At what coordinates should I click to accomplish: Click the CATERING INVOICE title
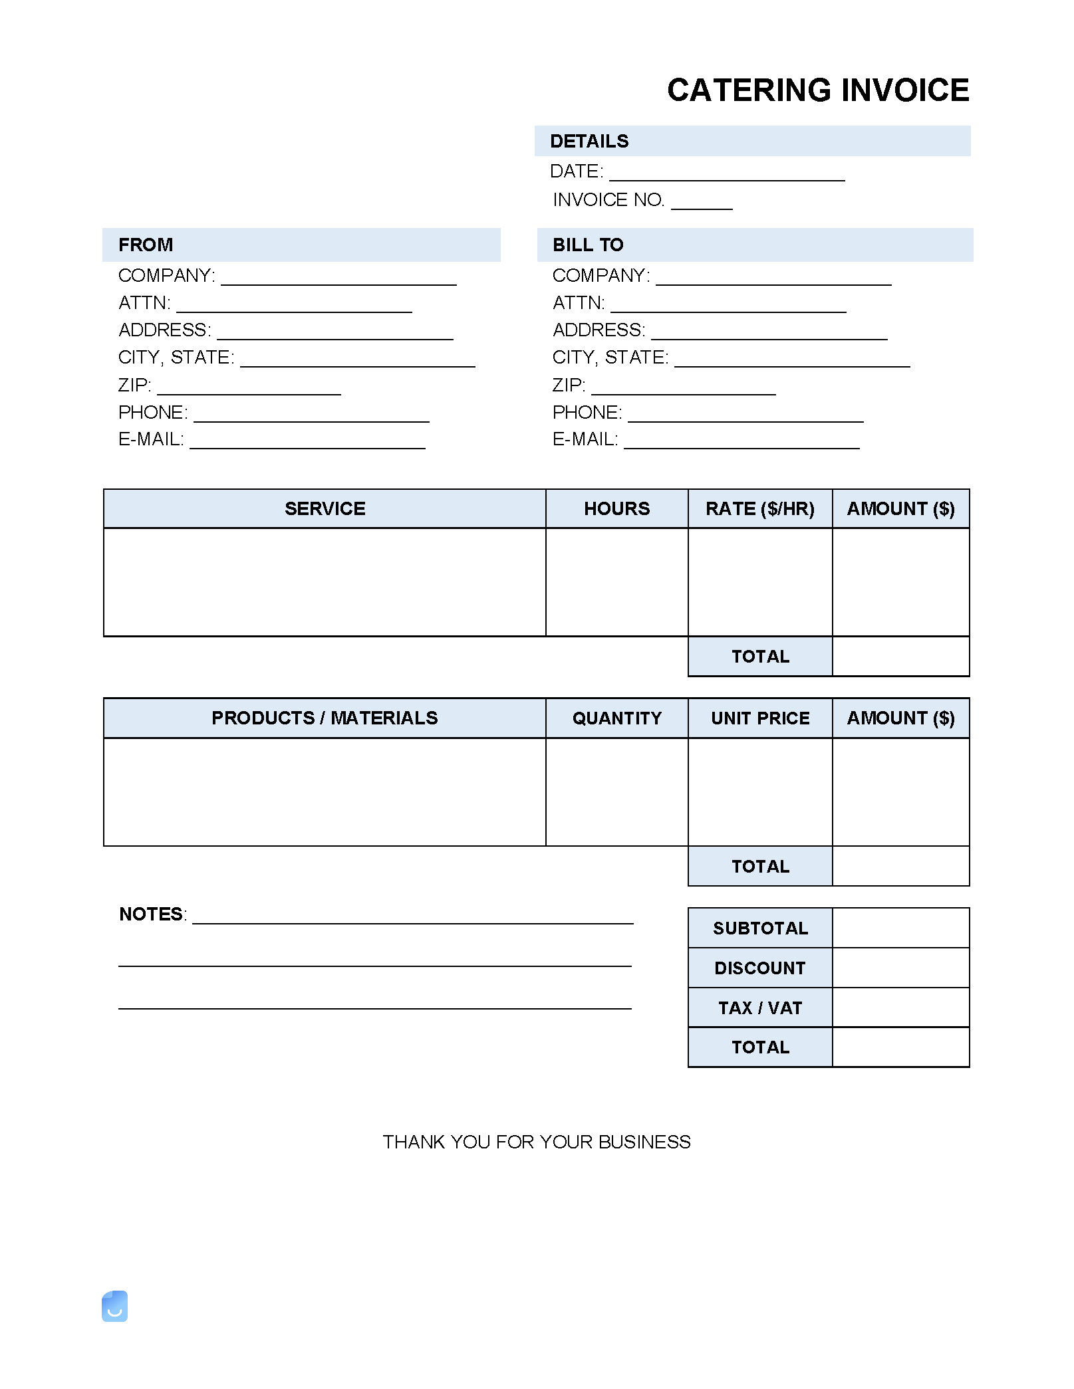pos(817,90)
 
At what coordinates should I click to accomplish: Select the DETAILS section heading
pos(589,141)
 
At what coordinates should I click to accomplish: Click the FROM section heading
pos(146,245)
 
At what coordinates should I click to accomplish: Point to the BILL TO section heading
pos(588,245)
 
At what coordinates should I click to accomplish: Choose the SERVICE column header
pos(325,508)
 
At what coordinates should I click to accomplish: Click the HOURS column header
pos(616,508)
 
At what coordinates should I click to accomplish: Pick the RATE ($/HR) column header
pos(759,508)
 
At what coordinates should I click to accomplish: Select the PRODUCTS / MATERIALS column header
pos(325,718)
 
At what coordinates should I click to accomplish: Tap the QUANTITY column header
pos(616,718)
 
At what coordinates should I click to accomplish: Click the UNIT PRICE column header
pos(759,718)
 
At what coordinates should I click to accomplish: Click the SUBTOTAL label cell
pos(759,928)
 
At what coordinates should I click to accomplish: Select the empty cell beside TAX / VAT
pos(900,1008)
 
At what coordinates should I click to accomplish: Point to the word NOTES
pos(151,914)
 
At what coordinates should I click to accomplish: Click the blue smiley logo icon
pos(114,1306)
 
